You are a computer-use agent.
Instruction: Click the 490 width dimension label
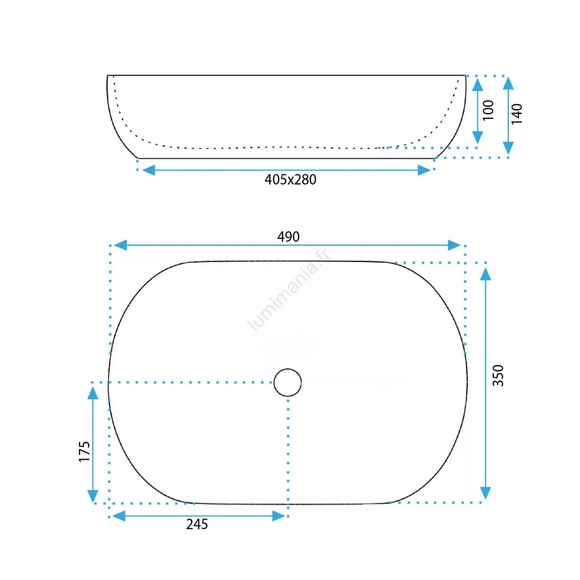pyautogui.click(x=288, y=237)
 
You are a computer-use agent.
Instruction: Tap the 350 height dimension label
pyautogui.click(x=498, y=375)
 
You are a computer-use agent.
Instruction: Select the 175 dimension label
pyautogui.click(x=84, y=451)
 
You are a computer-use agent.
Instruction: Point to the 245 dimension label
pyautogui.click(x=197, y=524)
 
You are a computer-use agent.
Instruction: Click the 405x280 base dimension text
pyautogui.click(x=290, y=179)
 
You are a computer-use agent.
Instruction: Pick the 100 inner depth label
pyautogui.click(x=488, y=110)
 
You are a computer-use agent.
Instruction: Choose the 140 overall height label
pyautogui.click(x=517, y=114)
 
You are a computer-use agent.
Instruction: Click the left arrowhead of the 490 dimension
pyautogui.click(x=120, y=245)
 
